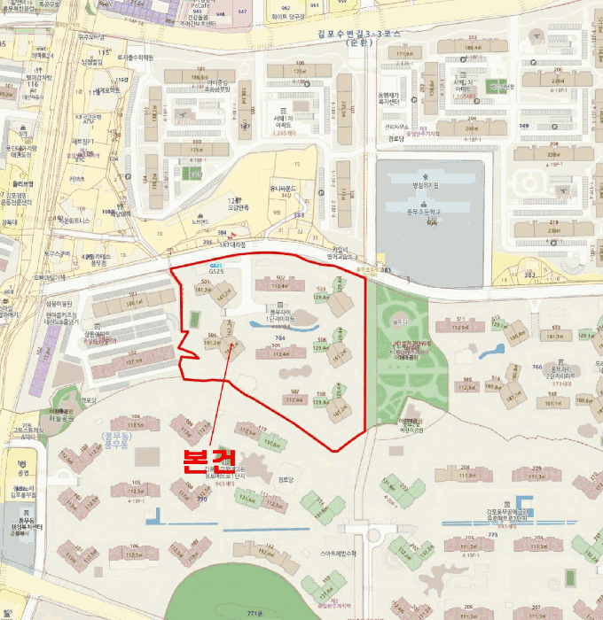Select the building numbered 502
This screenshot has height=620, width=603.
[x=280, y=279]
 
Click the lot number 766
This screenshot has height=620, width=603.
[x=536, y=366]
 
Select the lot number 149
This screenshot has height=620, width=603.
[x=523, y=126]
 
